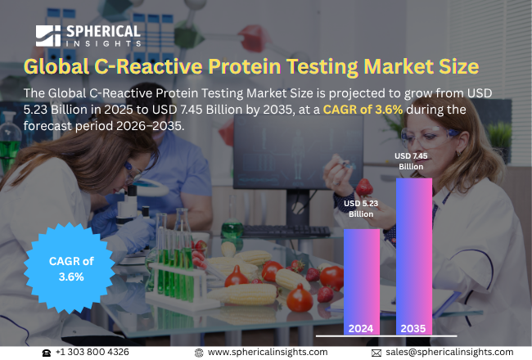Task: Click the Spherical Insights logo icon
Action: tap(48, 35)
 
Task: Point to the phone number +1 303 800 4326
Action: tap(92, 352)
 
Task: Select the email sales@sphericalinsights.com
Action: tap(449, 352)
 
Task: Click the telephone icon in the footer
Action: tap(47, 352)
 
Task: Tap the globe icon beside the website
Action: tap(199, 352)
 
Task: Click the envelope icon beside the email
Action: tap(376, 352)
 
